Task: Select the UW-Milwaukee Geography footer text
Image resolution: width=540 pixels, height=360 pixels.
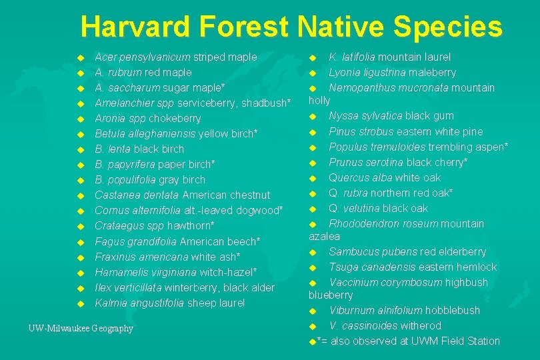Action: [81, 328]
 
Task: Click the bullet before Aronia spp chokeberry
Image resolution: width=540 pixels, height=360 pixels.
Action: [80, 119]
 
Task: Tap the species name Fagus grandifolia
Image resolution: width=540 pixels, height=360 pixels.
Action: [134, 241]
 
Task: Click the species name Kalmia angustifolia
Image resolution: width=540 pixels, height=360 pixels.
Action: [136, 303]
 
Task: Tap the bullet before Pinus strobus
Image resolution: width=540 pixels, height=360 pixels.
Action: [313, 132]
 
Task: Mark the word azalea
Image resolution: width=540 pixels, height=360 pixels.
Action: [325, 236]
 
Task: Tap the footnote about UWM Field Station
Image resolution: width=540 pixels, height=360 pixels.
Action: [407, 341]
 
